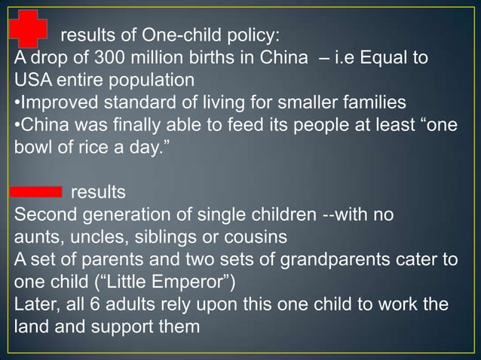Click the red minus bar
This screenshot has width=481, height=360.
[37, 191]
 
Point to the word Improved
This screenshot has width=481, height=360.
[52, 102]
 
